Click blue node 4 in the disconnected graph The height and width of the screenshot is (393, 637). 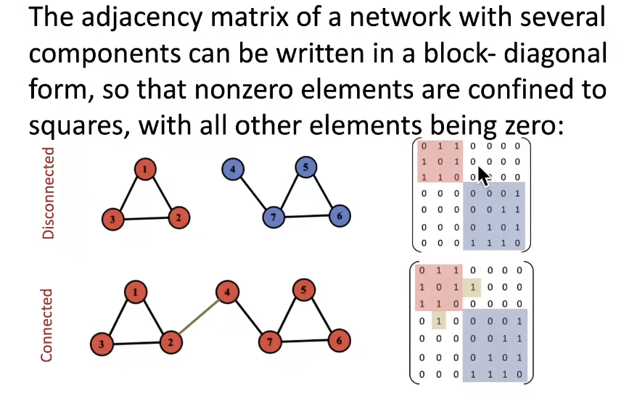tap(232, 170)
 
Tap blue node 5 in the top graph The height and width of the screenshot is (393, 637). tap(305, 167)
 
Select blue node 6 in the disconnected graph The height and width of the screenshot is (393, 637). tap(338, 215)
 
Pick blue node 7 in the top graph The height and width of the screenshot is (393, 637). tap(273, 217)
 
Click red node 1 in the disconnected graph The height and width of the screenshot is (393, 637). tap(146, 170)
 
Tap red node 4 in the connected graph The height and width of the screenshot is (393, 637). tap(228, 294)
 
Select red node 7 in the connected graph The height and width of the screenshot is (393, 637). tap(270, 341)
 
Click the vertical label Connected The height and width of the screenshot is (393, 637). tap(47, 325)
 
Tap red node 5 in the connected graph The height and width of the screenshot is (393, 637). tap(305, 291)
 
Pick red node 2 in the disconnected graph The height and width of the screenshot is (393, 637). tap(176, 216)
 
